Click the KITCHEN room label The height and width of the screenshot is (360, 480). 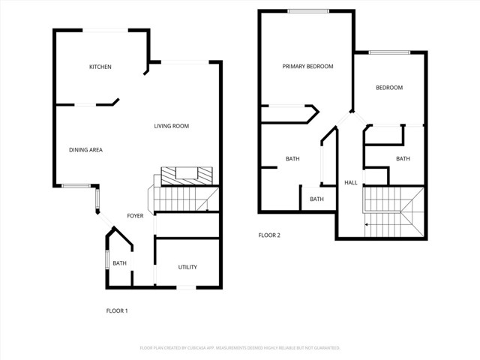click(x=100, y=67)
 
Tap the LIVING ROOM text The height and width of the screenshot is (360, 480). click(x=171, y=126)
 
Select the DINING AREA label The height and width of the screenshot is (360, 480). click(x=85, y=150)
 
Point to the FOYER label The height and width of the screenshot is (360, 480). click(x=135, y=216)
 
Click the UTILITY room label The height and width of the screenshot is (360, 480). click(x=187, y=267)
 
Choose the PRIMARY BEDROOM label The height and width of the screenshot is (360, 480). click(x=307, y=67)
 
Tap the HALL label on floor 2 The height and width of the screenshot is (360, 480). click(x=350, y=183)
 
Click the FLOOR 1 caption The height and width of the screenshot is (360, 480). click(x=116, y=310)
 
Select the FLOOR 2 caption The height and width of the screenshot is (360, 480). click(x=269, y=235)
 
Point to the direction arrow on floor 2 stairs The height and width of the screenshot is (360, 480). click(x=367, y=224)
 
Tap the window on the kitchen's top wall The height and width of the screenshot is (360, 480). click(x=105, y=30)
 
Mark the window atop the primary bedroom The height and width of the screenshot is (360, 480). click(x=308, y=10)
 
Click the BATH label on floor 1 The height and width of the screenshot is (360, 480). click(x=119, y=263)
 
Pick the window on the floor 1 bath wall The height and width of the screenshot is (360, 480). click(x=107, y=263)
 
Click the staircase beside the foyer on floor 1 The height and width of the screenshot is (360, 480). click(x=184, y=199)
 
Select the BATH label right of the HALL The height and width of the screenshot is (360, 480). click(x=403, y=158)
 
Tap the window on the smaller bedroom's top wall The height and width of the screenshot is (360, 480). click(x=389, y=52)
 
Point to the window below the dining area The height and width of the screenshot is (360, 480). click(x=75, y=185)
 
